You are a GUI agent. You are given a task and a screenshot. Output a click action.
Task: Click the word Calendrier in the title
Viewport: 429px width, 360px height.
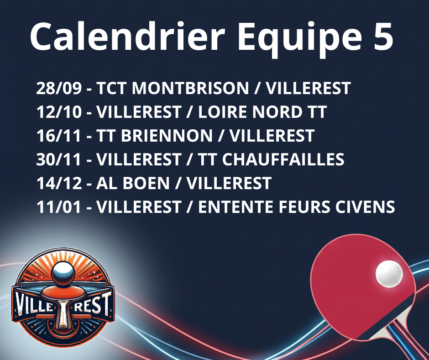click(127, 37)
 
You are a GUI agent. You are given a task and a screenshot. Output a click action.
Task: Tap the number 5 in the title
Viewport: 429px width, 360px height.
click(382, 37)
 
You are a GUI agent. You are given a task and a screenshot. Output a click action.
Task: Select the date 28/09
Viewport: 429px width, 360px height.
click(59, 88)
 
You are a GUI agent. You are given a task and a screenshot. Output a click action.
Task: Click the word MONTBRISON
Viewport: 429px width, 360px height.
click(190, 88)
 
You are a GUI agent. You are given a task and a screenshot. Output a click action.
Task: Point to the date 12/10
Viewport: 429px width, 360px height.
click(59, 112)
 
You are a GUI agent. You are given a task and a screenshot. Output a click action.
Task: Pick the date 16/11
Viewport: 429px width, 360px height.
click(59, 136)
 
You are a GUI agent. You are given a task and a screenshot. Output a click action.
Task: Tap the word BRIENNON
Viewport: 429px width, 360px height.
click(167, 136)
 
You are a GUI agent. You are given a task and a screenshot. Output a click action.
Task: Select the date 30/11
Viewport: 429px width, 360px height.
click(59, 159)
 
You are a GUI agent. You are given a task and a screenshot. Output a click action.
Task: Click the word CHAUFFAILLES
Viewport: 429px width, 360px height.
click(283, 159)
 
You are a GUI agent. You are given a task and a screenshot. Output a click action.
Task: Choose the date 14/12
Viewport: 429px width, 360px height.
click(59, 183)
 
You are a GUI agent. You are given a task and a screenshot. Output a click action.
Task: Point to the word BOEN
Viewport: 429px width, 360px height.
click(146, 183)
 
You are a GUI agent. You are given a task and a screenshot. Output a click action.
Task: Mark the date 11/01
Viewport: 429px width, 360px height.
click(59, 207)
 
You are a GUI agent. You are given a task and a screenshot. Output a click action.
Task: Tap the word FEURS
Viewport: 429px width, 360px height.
click(304, 207)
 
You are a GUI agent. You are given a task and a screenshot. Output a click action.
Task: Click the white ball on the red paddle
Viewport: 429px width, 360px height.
click(389, 274)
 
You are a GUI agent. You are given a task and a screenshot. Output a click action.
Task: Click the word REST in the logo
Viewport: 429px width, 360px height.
click(93, 304)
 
